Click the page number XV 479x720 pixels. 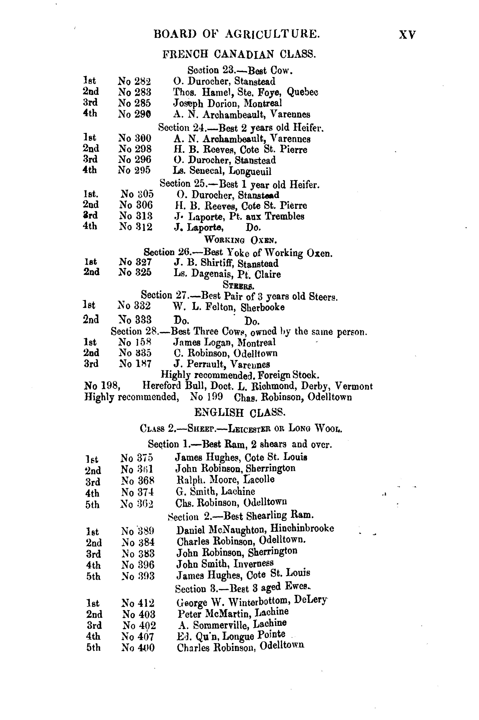[x=407, y=34]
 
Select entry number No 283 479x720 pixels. [x=134, y=92]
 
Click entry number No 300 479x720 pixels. [x=135, y=138]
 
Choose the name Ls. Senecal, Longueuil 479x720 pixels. [x=222, y=171]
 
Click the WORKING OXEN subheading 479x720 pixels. [x=240, y=240]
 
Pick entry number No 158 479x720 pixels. [x=135, y=342]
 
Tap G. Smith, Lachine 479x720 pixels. [x=215, y=491]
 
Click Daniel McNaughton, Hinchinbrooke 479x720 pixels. [x=255, y=529]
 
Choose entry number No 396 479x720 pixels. [x=138, y=564]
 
